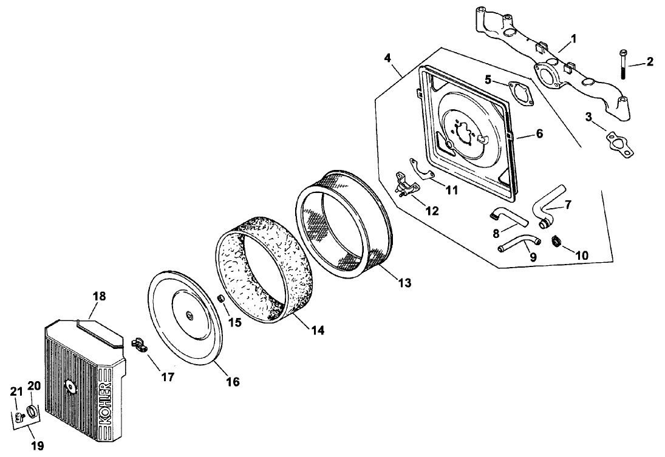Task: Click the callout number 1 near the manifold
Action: pos(574,38)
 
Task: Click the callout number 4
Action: pos(388,58)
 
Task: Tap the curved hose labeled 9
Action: pos(517,243)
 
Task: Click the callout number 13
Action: pos(404,282)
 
